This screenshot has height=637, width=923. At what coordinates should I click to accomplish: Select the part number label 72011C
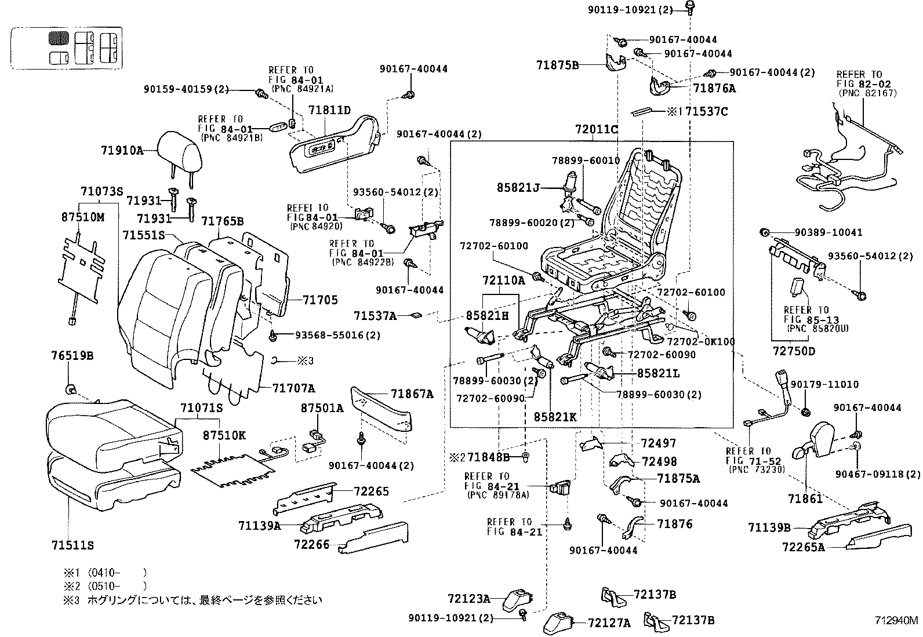(x=597, y=129)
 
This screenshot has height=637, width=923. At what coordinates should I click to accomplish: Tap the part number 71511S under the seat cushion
(x=72, y=545)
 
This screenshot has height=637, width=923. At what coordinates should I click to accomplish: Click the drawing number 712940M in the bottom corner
(x=896, y=620)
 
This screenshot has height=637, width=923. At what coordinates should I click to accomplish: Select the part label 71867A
(x=412, y=394)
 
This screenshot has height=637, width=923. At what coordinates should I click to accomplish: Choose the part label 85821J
(x=518, y=188)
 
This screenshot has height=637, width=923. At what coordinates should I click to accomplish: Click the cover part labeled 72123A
(x=518, y=598)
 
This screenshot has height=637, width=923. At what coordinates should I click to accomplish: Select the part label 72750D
(x=794, y=351)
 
